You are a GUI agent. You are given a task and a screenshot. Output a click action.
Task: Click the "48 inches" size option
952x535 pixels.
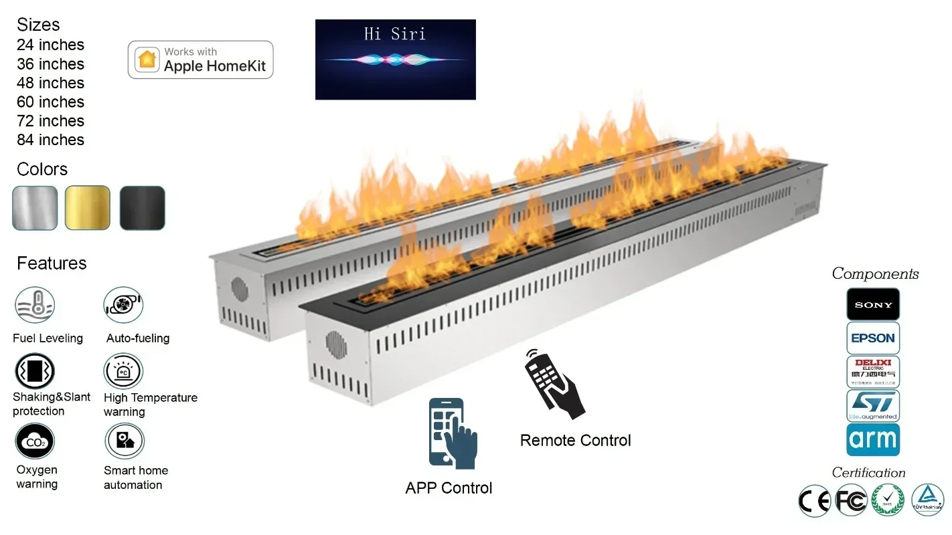[x=50, y=83]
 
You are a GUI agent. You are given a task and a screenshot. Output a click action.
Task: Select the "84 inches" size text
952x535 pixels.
[x=50, y=140]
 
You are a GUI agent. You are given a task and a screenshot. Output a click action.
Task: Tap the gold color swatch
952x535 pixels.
[x=88, y=208]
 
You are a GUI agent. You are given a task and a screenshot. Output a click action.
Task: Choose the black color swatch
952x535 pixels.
[x=142, y=208]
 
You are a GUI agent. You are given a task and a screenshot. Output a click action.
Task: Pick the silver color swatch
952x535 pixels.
[x=35, y=208]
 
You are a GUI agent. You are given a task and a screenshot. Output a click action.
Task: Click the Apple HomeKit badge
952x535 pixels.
[x=200, y=60]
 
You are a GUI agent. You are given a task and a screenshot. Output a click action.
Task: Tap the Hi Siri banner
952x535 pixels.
[x=395, y=60]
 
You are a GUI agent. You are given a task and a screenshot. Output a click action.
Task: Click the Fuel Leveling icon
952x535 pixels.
[x=35, y=305]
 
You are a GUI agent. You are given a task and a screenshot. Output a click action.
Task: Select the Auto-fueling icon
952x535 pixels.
[x=123, y=305]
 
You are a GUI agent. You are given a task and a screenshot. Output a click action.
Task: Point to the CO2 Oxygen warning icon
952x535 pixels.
[x=35, y=441]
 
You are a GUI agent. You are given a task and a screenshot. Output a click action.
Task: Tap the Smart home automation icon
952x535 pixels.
[x=125, y=441]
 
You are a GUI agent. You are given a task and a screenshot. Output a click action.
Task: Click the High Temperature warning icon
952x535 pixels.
[x=123, y=371]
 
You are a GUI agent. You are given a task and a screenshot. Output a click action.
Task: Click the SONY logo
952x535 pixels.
[x=873, y=304]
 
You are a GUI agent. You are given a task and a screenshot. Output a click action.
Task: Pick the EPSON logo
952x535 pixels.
[x=873, y=338]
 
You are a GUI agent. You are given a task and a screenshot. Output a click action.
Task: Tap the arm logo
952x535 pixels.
[x=873, y=439]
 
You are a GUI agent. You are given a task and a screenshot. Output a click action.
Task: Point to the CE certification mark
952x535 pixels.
[x=815, y=500]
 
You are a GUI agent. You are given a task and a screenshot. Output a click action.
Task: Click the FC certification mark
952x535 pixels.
[x=852, y=500]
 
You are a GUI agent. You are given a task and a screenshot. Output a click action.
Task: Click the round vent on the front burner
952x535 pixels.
[x=335, y=344]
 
